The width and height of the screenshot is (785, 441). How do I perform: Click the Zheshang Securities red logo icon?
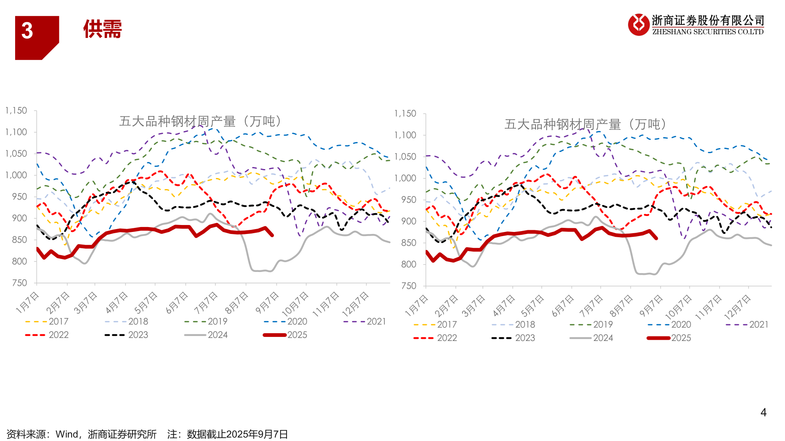click(638, 24)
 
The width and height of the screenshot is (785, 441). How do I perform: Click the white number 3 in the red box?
click(27, 31)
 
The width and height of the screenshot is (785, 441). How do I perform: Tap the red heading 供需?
click(103, 29)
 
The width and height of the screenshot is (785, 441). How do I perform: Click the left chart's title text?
click(200, 121)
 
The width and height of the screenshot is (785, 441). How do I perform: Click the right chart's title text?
click(585, 124)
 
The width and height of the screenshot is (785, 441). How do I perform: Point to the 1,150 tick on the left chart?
click(16, 111)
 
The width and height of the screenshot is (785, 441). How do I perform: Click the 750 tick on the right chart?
click(409, 286)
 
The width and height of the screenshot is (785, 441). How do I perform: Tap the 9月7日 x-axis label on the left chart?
click(267, 303)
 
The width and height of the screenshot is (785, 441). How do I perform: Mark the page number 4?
click(763, 412)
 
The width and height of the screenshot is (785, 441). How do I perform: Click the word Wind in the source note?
click(67, 434)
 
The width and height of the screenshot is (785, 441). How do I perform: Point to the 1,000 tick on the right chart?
click(405, 178)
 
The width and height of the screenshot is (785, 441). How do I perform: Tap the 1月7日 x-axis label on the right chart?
click(417, 305)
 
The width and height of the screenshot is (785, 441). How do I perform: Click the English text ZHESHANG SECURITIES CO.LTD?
click(708, 32)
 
